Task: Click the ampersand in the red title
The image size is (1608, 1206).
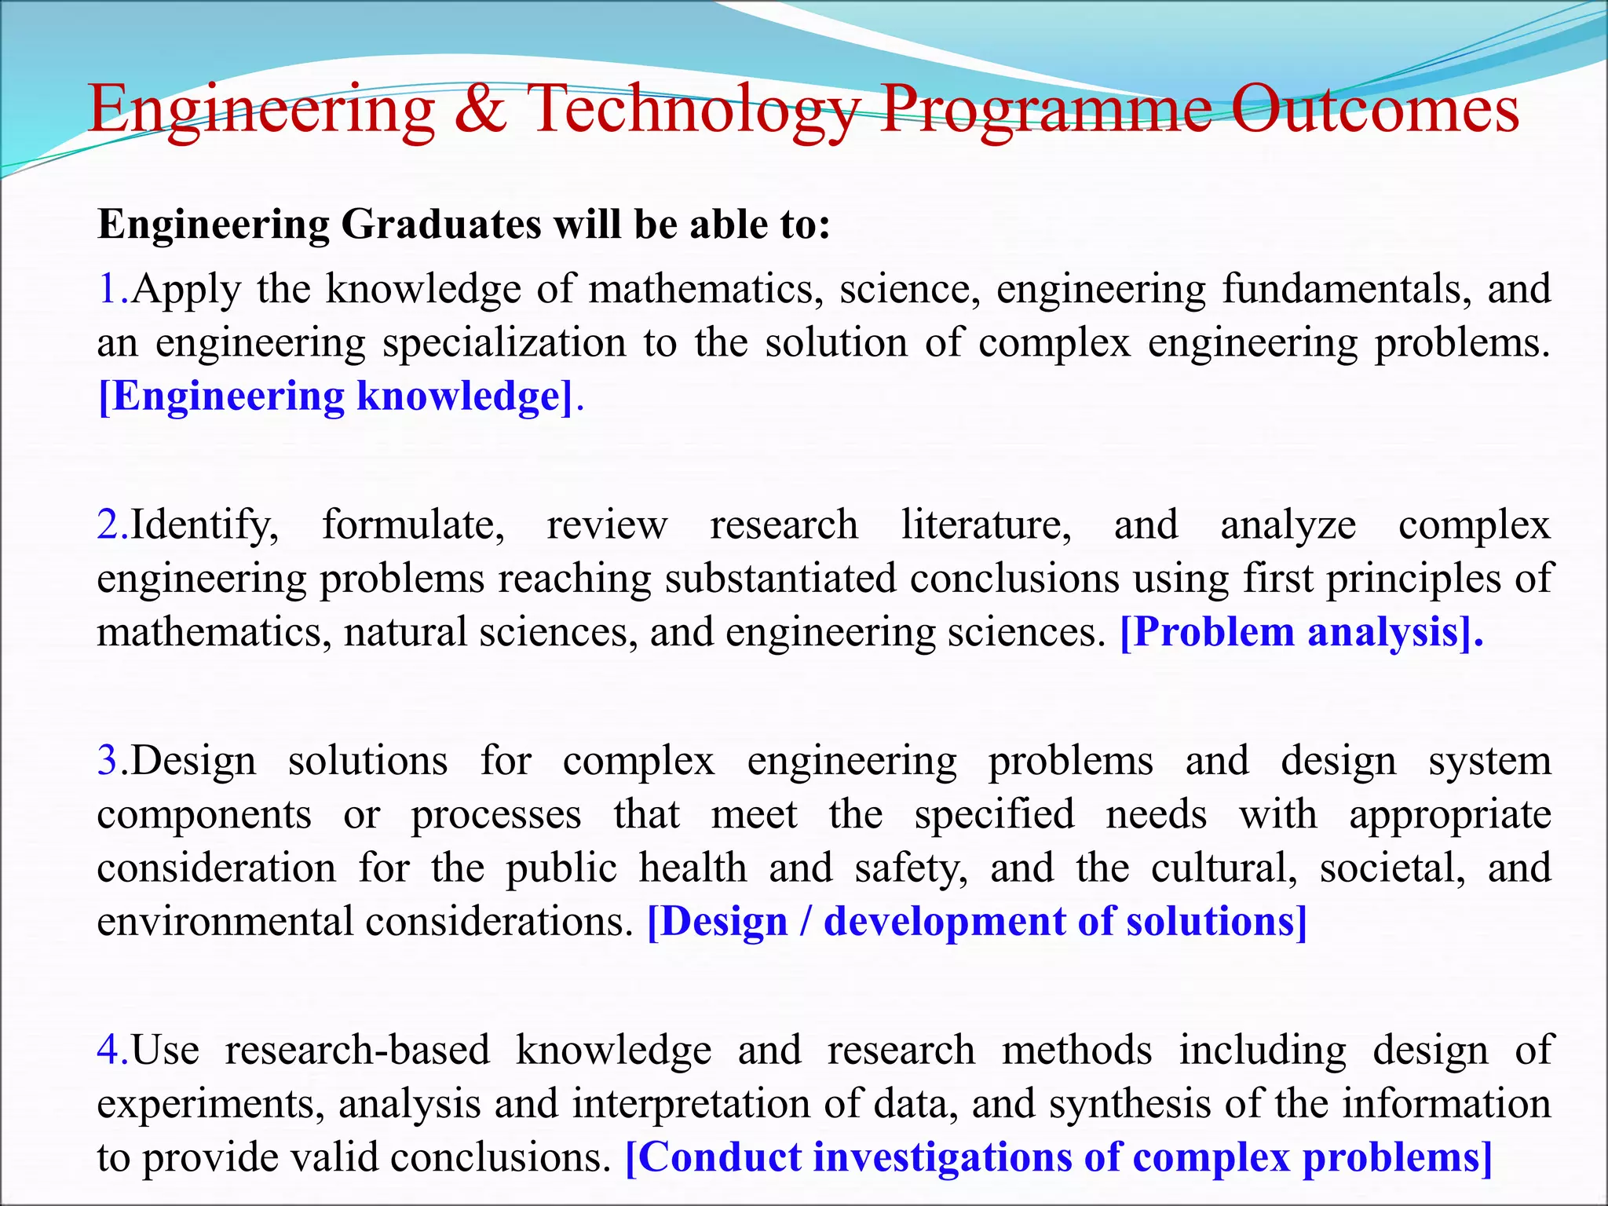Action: click(x=480, y=109)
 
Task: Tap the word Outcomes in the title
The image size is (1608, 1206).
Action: click(x=1374, y=109)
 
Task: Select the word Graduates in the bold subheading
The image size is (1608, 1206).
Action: click(x=441, y=225)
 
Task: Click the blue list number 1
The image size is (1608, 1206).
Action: click(x=108, y=289)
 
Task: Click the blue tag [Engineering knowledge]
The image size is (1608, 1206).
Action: click(x=336, y=396)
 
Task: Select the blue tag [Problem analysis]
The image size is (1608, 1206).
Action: click(x=1301, y=632)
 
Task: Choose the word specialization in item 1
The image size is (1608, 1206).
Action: click(x=504, y=343)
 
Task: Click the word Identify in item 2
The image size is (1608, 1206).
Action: click(x=203, y=524)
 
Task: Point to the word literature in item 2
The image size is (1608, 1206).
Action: click(x=986, y=524)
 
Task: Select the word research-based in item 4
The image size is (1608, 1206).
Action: click(x=357, y=1050)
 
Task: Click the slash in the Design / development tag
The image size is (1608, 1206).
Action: click(x=805, y=922)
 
